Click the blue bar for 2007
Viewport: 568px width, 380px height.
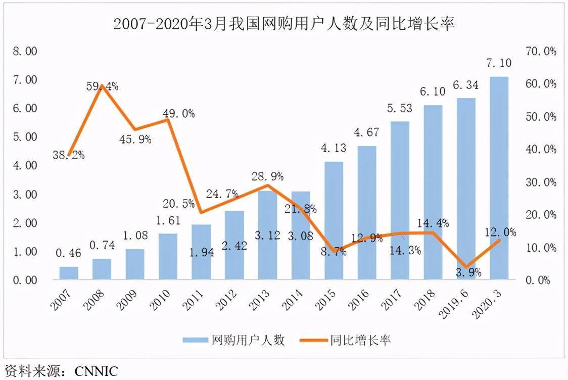click(x=69, y=273)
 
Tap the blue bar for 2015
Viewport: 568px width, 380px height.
click(x=334, y=220)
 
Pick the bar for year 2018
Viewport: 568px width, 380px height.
click(x=433, y=192)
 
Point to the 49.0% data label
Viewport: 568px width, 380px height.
click(x=178, y=114)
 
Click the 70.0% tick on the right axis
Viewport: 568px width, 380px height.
click(x=541, y=51)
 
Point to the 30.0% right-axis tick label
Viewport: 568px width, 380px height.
click(x=541, y=182)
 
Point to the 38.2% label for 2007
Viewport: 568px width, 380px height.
click(x=68, y=155)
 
